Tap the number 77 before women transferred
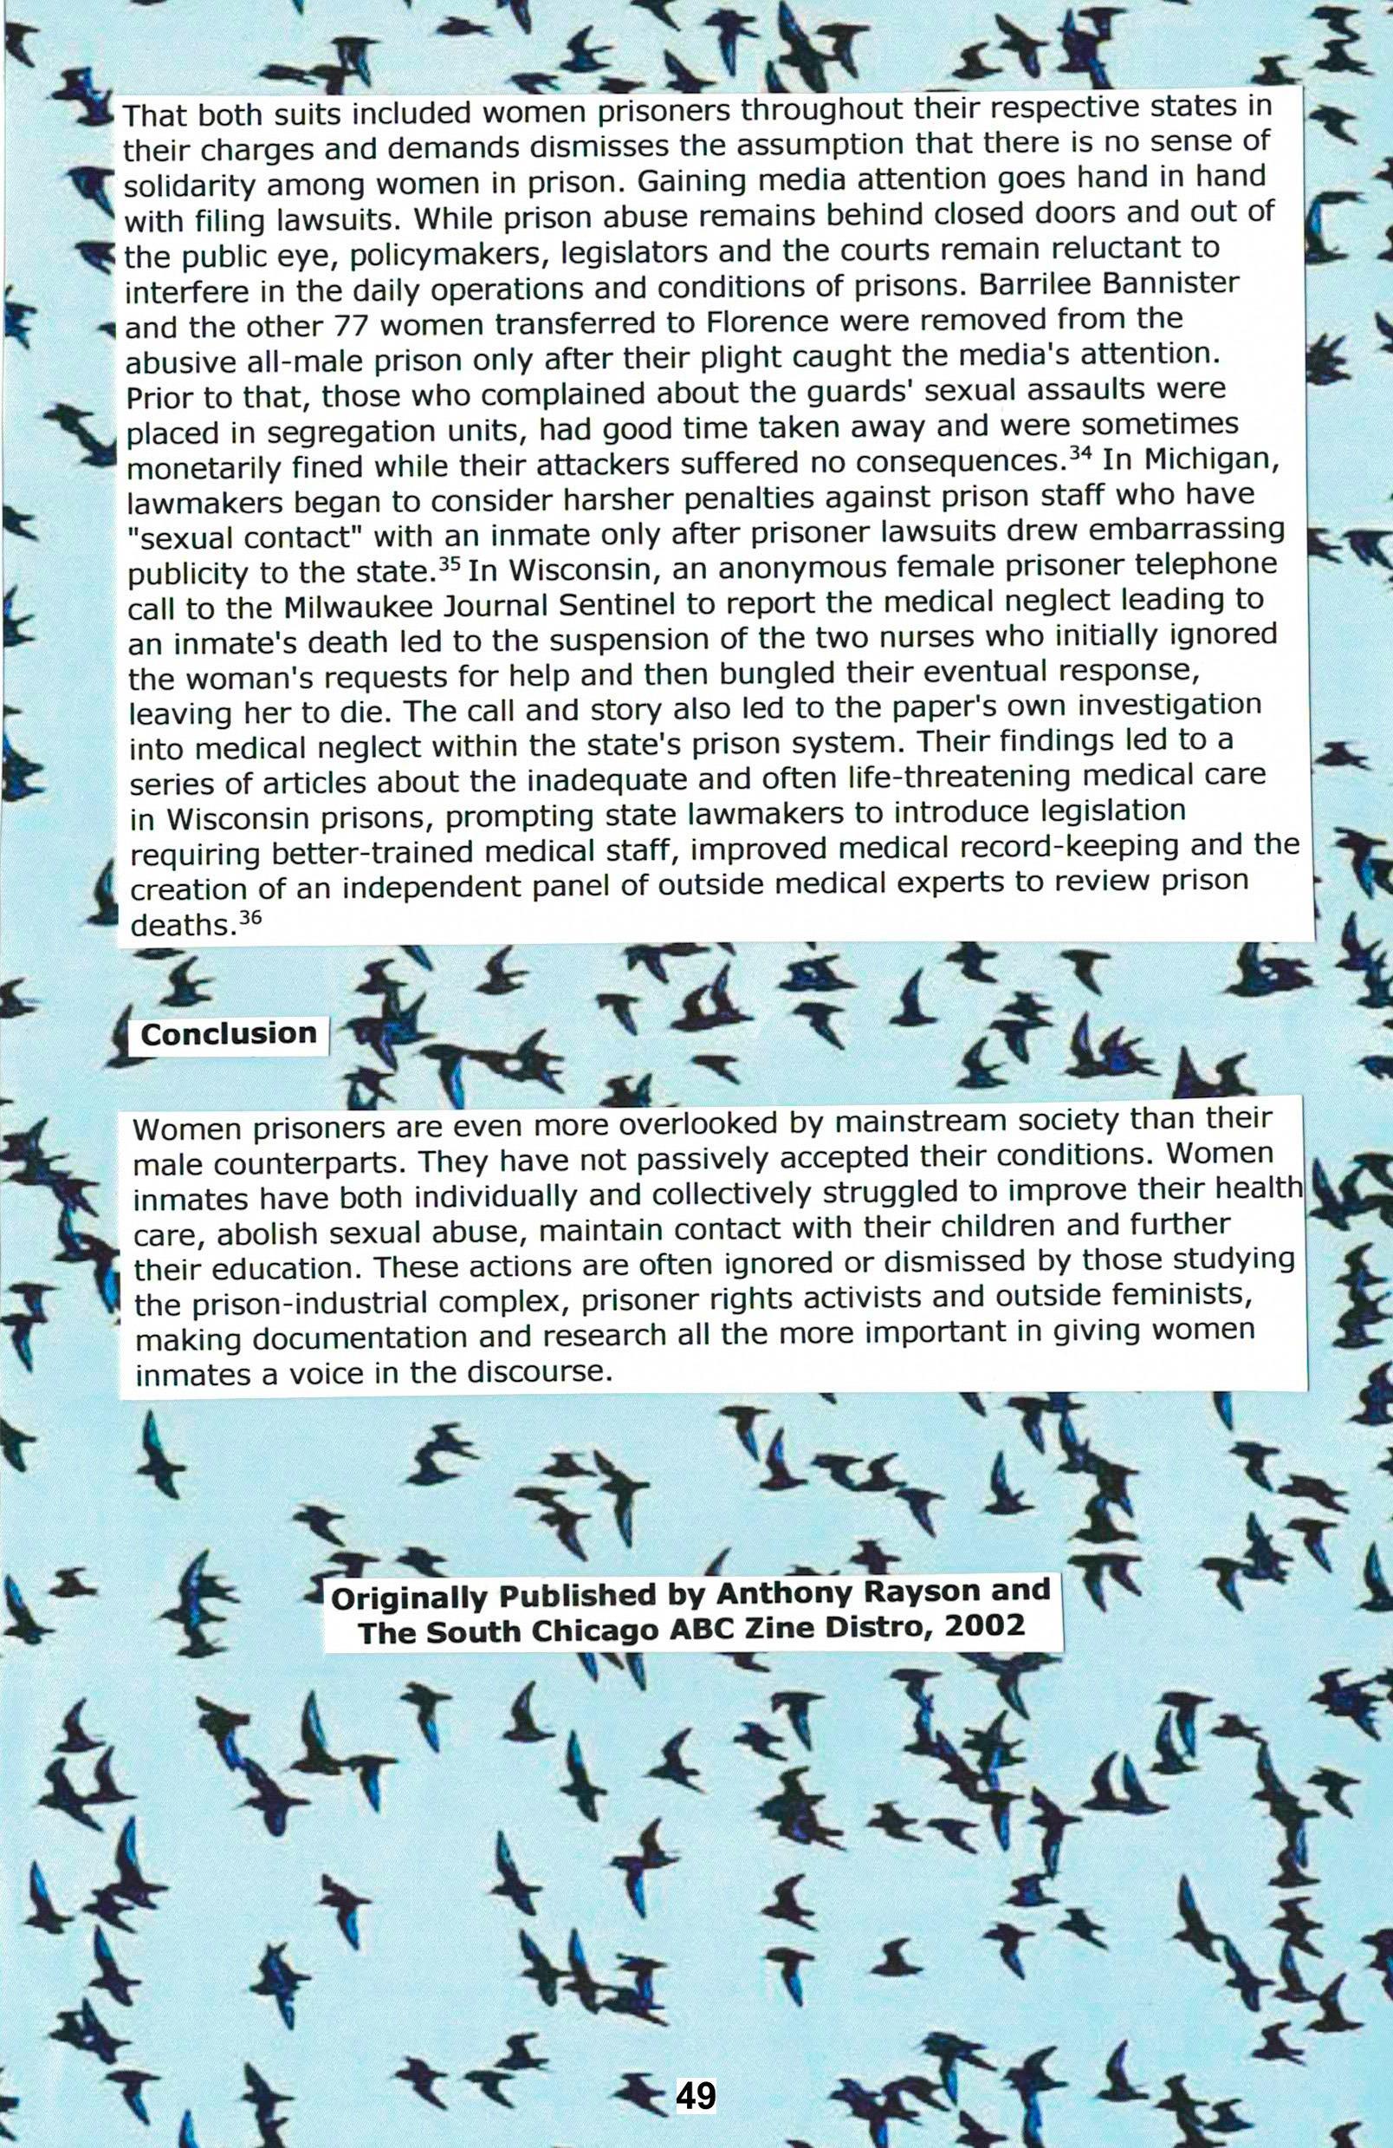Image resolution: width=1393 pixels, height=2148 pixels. tap(352, 325)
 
